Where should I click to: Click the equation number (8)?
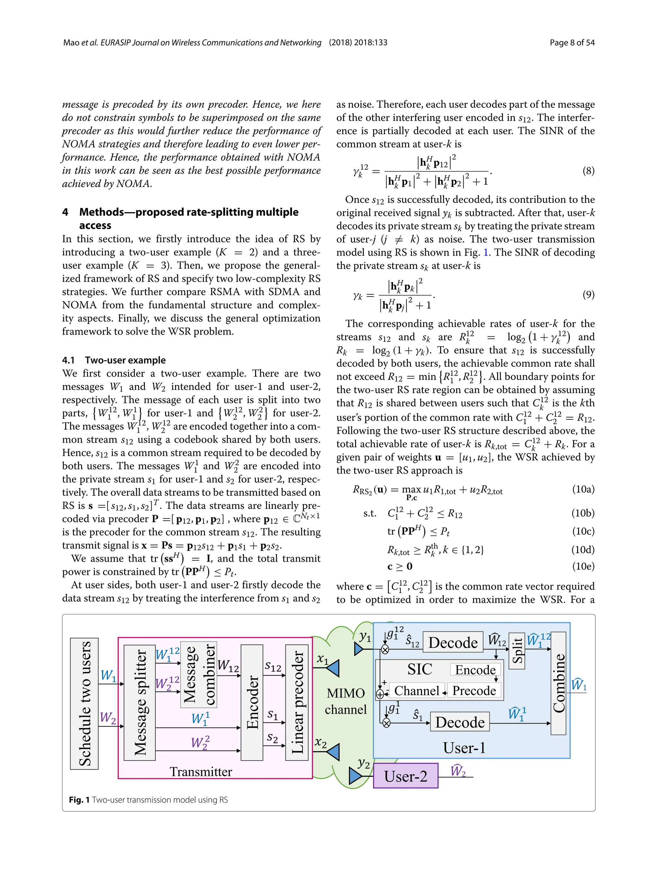coord(588,171)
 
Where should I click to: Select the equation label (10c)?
coord(583,531)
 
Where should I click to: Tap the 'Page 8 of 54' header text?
coord(572,43)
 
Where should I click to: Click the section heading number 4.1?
coord(68,360)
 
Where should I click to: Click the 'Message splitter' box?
coord(139,702)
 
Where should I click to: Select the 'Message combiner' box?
coord(199,674)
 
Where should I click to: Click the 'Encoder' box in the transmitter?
coord(252,702)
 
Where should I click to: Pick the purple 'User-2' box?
coord(405,776)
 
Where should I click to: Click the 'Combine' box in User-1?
coord(558,683)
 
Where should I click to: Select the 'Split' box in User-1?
coord(516,651)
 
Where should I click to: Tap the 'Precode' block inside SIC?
coord(474,690)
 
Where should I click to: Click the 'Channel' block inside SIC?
coord(417,690)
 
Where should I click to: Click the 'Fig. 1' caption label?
coord(79,799)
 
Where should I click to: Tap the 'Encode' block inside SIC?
coord(475,670)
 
